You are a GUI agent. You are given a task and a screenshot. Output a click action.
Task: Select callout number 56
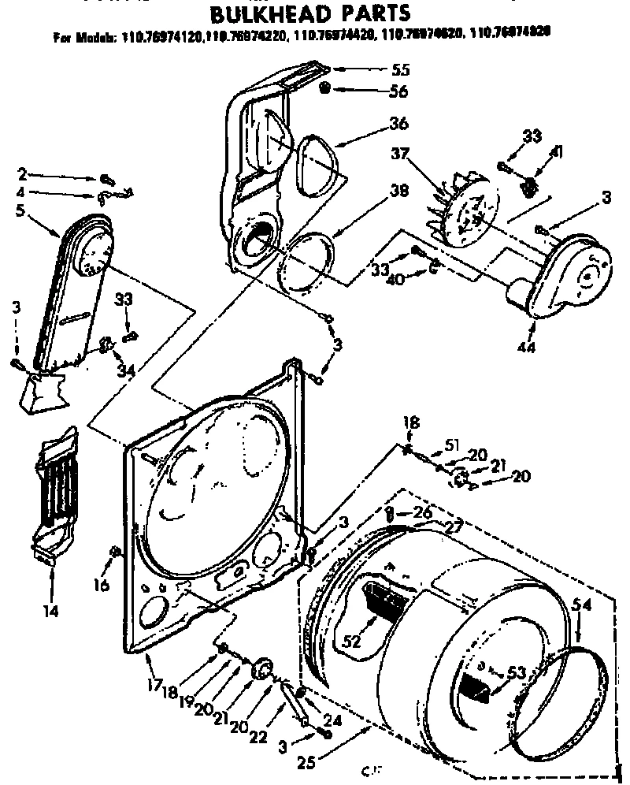coord(398,91)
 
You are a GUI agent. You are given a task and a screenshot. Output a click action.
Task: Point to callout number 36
coord(398,124)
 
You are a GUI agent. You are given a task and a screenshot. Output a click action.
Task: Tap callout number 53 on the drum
coord(516,672)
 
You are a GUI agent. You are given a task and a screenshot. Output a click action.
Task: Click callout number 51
coord(451,445)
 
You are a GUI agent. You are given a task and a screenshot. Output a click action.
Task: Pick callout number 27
coord(452,527)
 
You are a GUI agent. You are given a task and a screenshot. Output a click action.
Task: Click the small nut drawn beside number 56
coord(324,90)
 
